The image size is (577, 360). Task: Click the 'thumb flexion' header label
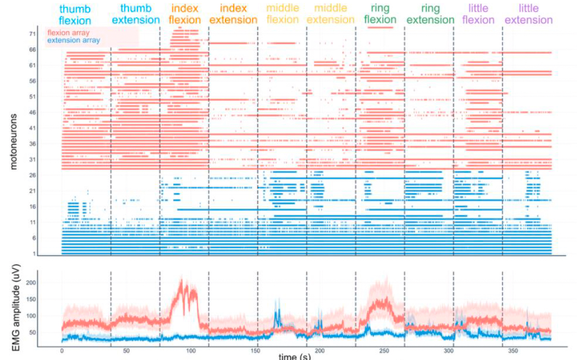(x=75, y=14)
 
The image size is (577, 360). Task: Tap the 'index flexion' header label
(x=185, y=14)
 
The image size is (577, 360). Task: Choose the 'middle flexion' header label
(x=282, y=14)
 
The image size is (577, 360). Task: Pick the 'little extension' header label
(x=528, y=14)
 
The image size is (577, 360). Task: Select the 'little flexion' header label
(x=478, y=14)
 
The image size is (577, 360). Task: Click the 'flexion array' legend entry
(x=69, y=33)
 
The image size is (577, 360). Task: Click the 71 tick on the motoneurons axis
(x=32, y=34)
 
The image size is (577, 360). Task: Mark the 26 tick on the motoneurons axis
(x=32, y=175)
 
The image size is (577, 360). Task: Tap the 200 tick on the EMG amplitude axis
(x=31, y=283)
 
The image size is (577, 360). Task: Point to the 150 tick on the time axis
(x=255, y=351)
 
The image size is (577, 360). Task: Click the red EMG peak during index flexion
(x=182, y=280)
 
